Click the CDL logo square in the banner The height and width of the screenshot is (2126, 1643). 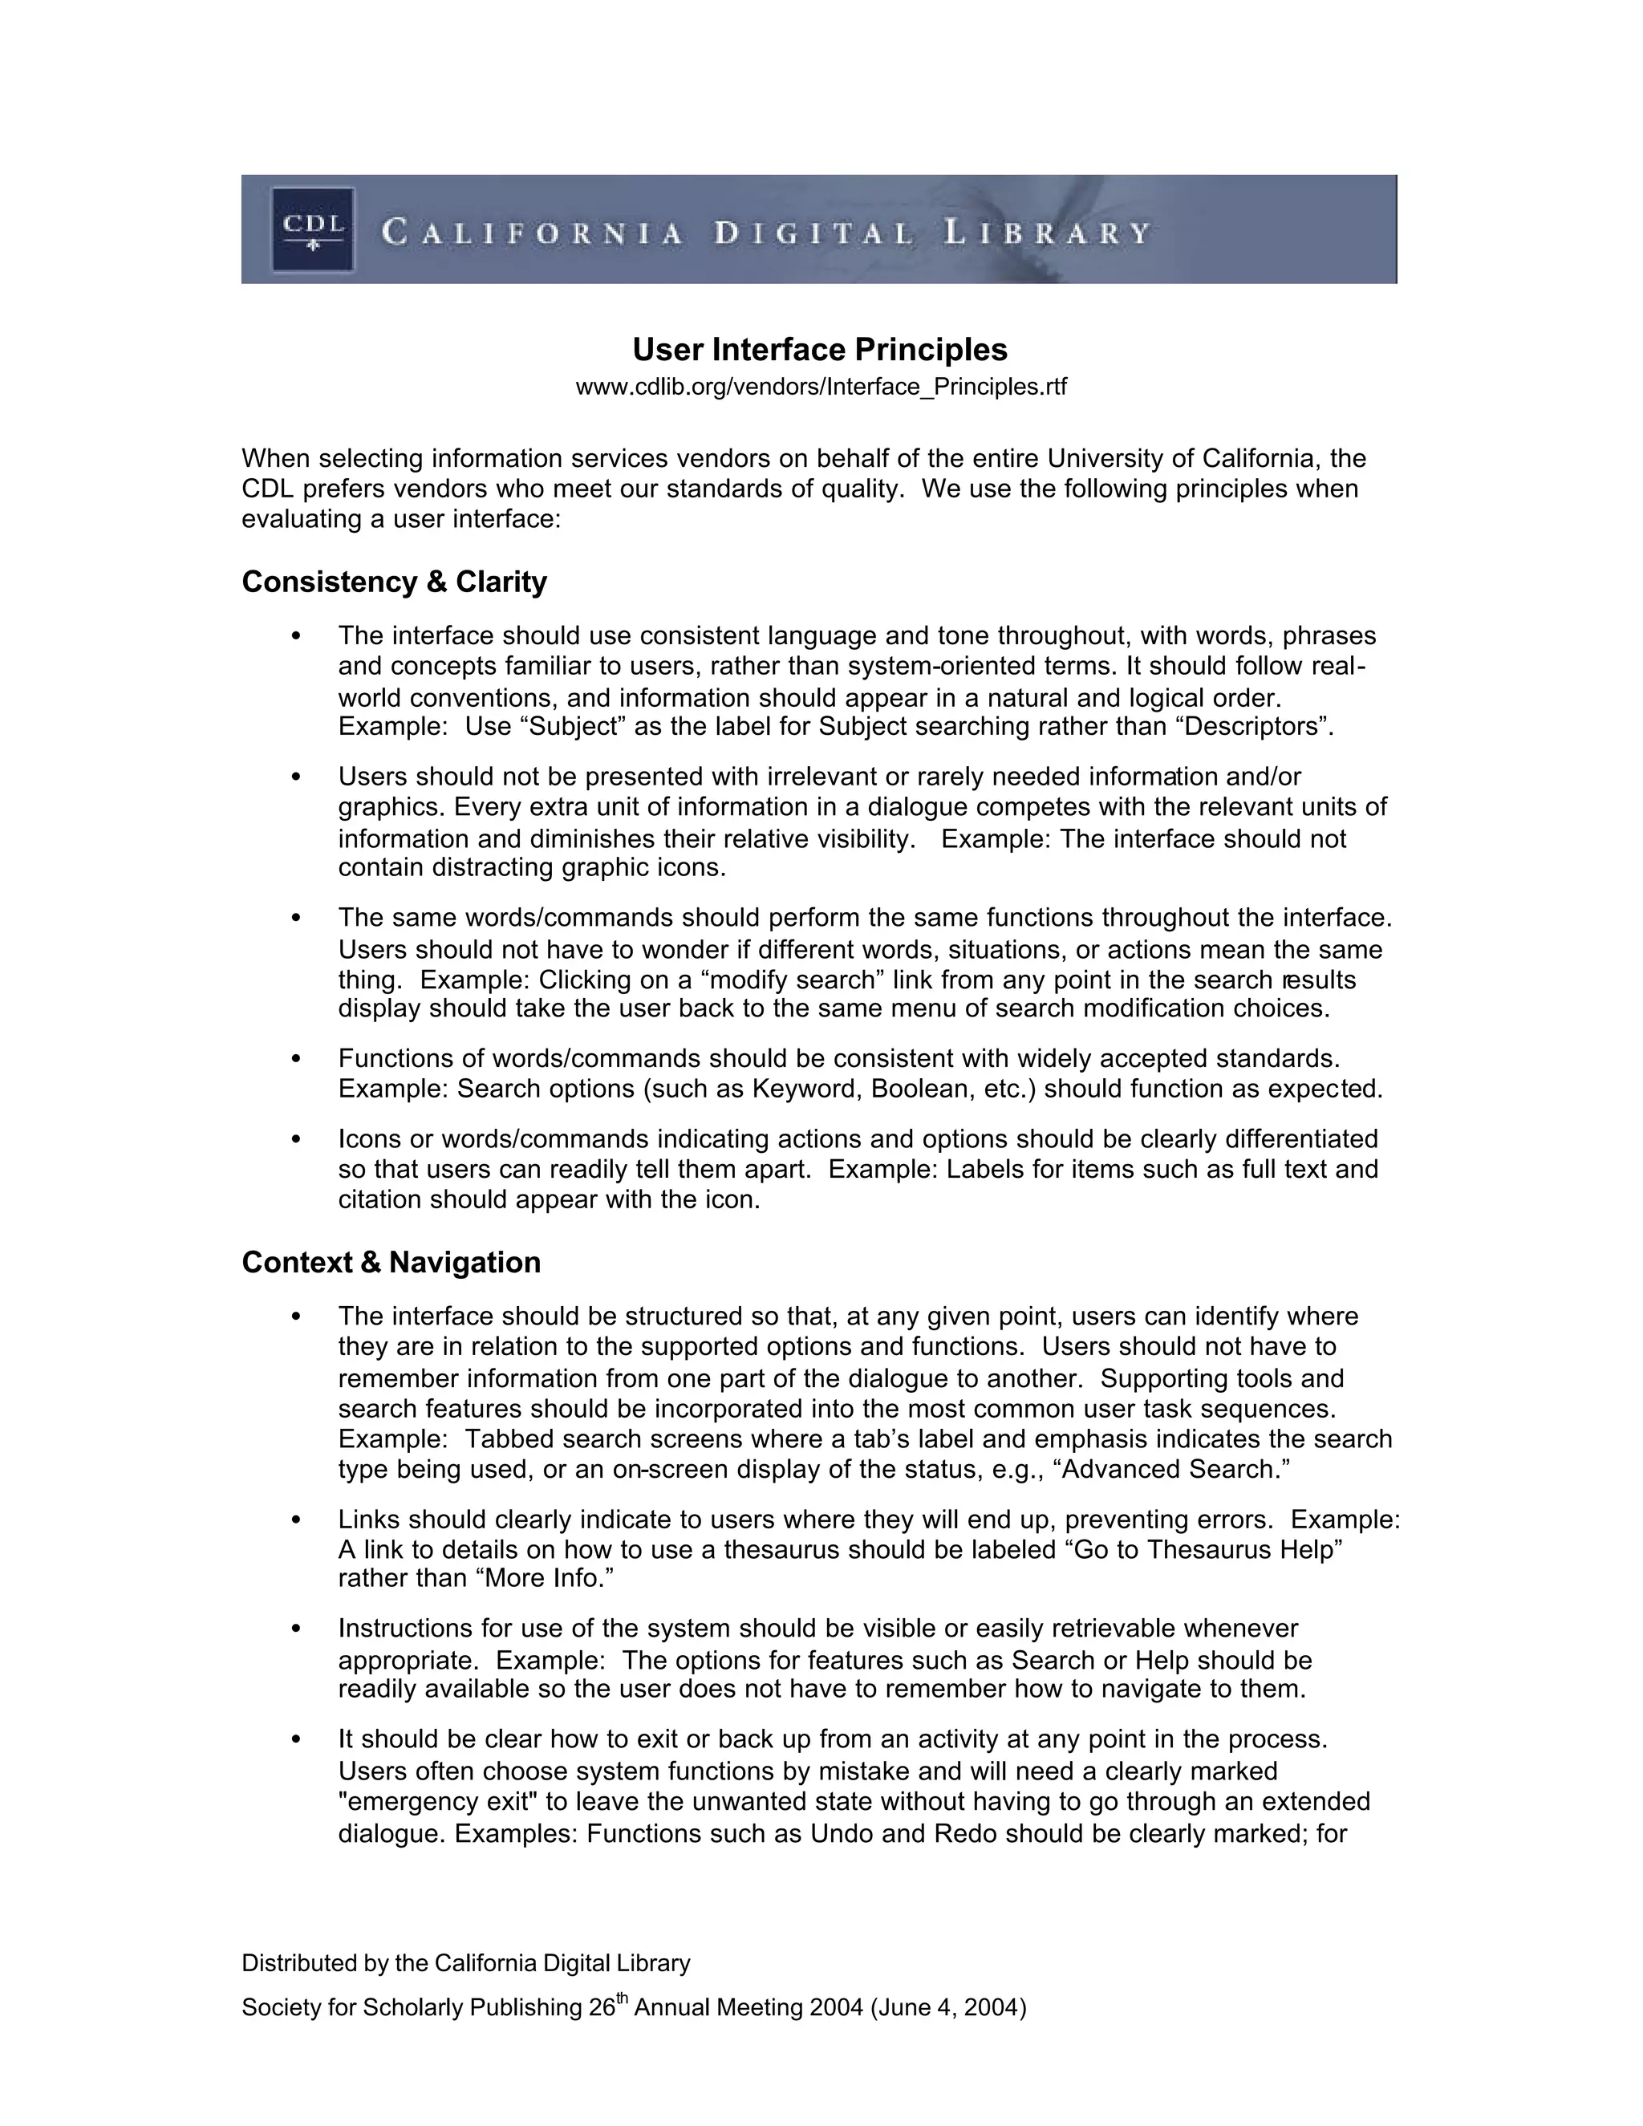tap(312, 229)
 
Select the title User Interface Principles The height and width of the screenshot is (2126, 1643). tap(820, 350)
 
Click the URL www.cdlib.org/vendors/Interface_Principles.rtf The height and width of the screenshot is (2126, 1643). tap(821, 387)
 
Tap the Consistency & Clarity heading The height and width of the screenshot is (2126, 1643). tap(394, 582)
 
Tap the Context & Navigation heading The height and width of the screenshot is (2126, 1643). tap(391, 1263)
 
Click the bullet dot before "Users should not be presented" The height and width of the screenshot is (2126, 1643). tap(296, 777)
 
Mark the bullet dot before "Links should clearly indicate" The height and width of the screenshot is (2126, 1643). tap(296, 1519)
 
